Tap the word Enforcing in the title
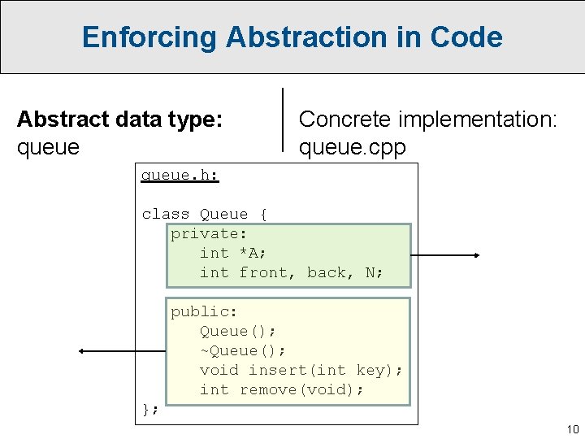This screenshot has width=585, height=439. click(x=149, y=37)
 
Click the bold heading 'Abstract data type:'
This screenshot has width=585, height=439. click(x=119, y=120)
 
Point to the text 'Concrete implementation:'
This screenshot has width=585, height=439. click(x=428, y=120)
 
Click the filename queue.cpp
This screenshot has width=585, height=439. click(x=352, y=147)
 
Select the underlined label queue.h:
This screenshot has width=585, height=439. click(x=180, y=175)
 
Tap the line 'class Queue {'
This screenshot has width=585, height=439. click(x=204, y=214)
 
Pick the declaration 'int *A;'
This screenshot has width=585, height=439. click(x=233, y=253)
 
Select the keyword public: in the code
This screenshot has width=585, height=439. click(x=204, y=311)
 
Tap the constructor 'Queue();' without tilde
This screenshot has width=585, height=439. click(x=238, y=331)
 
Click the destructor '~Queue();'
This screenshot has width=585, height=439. click(x=243, y=350)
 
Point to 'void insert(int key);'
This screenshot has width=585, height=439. click(x=301, y=370)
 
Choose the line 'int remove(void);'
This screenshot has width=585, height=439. click(x=282, y=389)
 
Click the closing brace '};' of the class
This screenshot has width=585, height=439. click(x=150, y=409)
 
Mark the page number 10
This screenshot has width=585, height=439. click(x=573, y=429)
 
